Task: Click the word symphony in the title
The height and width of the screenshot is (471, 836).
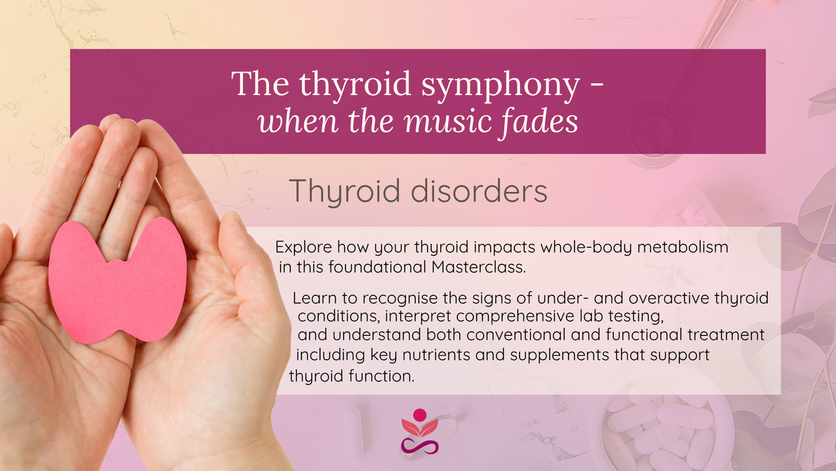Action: tap(500, 86)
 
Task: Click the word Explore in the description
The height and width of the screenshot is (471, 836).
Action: tap(303, 247)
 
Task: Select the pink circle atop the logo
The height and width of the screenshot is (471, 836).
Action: tap(420, 415)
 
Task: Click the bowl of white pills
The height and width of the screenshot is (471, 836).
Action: tap(660, 429)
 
